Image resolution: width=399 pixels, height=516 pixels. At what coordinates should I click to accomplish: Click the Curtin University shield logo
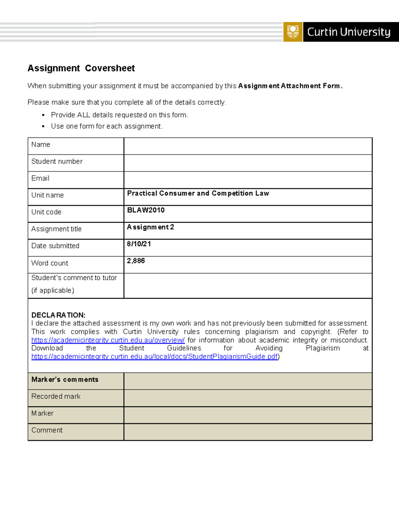coord(293,32)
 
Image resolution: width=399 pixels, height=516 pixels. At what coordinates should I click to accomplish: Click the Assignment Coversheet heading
coord(81,68)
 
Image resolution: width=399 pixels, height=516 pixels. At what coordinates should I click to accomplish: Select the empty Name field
coord(248,146)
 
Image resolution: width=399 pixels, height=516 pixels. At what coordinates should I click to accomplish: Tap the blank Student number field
coord(248,163)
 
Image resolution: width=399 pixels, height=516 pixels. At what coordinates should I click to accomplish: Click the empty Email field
coord(248,180)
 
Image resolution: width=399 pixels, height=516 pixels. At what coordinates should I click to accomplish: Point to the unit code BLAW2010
coord(146,210)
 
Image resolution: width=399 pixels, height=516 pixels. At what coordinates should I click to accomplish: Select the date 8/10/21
coord(139,244)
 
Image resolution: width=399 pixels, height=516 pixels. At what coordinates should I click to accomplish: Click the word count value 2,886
coord(136,261)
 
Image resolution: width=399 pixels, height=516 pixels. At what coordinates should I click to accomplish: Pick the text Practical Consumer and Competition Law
coord(198,193)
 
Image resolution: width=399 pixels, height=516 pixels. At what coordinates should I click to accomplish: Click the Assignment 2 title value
coord(150,227)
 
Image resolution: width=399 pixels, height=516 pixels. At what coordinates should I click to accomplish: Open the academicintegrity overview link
coord(108,340)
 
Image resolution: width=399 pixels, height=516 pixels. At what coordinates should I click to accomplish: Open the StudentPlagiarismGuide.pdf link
coord(155,357)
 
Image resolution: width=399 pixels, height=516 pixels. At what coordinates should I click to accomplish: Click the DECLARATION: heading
coord(58,315)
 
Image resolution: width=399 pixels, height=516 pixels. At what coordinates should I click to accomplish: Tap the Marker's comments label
coord(65,379)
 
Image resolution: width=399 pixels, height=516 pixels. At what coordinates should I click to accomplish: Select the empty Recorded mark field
coord(248,398)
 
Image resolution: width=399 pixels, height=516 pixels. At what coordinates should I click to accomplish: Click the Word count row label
coord(50,263)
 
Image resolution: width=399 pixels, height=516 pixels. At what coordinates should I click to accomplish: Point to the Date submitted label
coord(55,246)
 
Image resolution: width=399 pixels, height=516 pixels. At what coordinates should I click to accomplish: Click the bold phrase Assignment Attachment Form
coord(290,86)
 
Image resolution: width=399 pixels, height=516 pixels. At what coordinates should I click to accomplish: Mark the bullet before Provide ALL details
coord(43,115)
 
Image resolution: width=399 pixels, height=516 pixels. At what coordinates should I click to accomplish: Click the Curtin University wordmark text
coord(348,32)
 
